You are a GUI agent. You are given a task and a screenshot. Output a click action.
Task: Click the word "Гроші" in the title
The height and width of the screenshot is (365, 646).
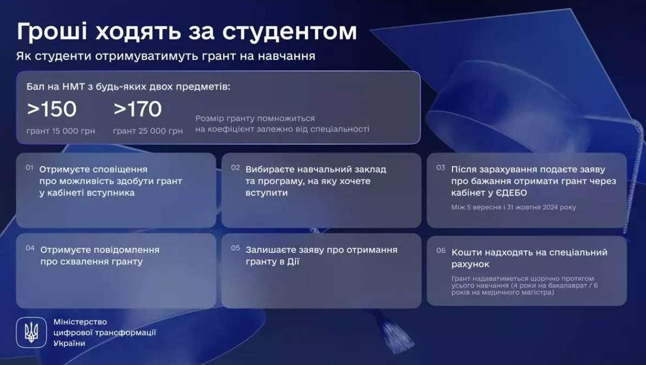[52, 32]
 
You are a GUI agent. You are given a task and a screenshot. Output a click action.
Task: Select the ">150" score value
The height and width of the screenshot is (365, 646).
[52, 109]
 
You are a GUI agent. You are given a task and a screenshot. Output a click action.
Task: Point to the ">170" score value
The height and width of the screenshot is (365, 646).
[138, 109]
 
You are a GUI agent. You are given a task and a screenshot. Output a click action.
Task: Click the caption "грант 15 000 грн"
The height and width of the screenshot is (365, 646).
[61, 131]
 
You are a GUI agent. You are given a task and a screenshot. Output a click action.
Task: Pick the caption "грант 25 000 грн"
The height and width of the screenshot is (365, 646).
[148, 131]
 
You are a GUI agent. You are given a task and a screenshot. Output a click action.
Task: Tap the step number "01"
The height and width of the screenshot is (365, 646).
[29, 168]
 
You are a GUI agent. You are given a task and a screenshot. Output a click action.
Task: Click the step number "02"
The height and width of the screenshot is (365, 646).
[235, 168]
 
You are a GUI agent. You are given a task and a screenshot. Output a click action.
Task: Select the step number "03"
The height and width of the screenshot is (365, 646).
[441, 168]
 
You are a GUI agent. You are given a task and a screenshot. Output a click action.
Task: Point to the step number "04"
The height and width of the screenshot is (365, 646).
[30, 248]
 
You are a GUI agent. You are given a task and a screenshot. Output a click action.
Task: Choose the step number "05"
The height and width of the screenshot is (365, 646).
[235, 248]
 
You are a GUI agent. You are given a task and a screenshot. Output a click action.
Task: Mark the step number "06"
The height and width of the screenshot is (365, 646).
[441, 251]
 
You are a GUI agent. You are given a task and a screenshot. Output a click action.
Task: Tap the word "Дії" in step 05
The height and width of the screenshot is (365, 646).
[293, 261]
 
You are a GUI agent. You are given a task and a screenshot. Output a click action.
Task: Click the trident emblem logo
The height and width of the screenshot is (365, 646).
[31, 332]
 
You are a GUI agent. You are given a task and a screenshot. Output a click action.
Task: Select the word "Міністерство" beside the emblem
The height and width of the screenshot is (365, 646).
[80, 322]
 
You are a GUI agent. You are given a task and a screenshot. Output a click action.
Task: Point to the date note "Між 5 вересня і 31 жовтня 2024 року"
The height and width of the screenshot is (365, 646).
[514, 207]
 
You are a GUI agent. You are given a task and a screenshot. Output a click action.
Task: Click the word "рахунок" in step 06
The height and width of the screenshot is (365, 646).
[470, 264]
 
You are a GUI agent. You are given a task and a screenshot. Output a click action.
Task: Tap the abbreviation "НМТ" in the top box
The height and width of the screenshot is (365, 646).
[73, 87]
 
